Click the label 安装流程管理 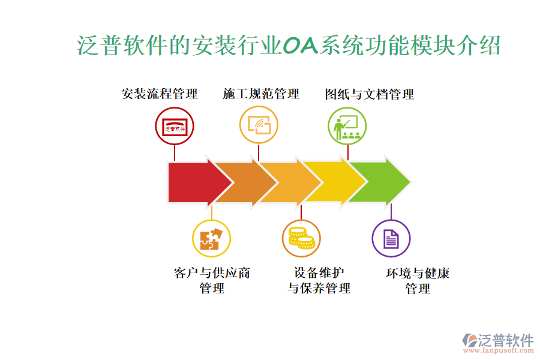tap(160, 94)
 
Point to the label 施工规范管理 tap(261, 94)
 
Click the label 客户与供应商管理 tap(212, 281)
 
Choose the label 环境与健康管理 tap(418, 281)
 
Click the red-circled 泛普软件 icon tap(175, 127)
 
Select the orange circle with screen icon tap(259, 125)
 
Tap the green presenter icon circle tap(347, 125)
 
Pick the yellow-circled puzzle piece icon tap(211, 238)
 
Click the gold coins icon tap(301, 238)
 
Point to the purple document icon tap(391, 238)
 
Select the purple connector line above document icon tap(391, 211)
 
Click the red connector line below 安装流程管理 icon tap(175, 153)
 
